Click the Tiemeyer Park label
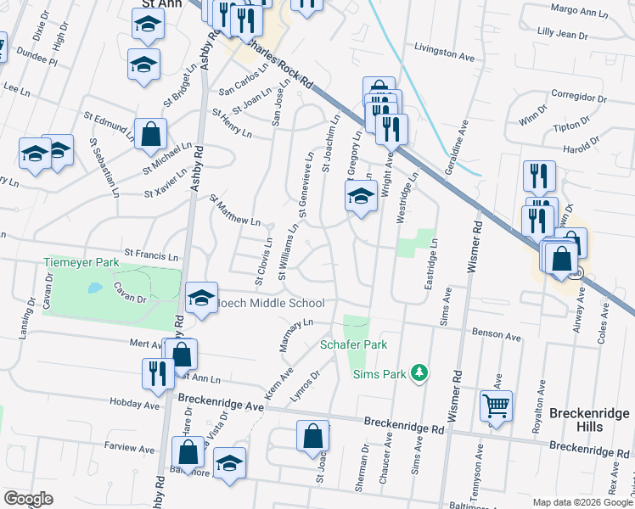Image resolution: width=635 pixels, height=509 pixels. [81, 263]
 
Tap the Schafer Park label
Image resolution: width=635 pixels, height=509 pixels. [353, 344]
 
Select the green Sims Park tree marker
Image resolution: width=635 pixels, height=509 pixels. [418, 372]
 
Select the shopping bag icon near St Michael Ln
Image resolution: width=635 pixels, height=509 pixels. [150, 133]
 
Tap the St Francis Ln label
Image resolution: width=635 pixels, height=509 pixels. [152, 254]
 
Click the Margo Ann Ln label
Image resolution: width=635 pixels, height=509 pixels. [580, 12]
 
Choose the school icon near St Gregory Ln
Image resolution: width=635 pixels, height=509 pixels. [361, 197]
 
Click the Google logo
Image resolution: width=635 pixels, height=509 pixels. [29, 499]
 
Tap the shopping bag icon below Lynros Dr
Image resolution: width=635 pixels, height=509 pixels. [312, 436]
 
